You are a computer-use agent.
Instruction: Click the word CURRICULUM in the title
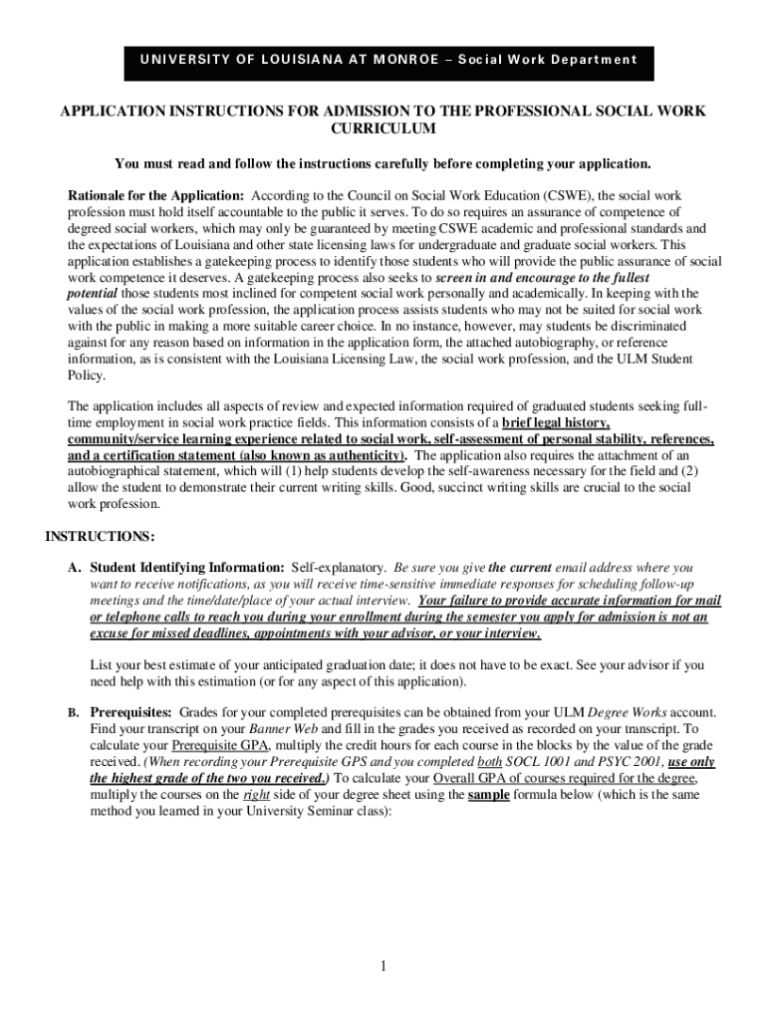[x=383, y=129]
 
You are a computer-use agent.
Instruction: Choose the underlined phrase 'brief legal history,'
[x=557, y=422]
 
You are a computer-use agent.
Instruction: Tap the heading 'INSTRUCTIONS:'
[x=100, y=537]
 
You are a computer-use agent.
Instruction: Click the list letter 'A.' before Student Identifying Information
[x=74, y=566]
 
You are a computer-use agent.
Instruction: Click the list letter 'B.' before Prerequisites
[x=73, y=713]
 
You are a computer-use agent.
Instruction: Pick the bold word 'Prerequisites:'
[x=131, y=713]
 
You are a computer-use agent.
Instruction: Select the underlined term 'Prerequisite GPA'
[x=217, y=746]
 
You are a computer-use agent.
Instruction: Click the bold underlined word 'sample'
[x=488, y=795]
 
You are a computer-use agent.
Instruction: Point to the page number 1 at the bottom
[x=383, y=967]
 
